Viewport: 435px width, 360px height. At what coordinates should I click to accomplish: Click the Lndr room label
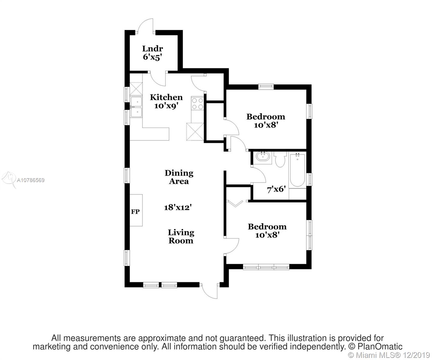(x=153, y=49)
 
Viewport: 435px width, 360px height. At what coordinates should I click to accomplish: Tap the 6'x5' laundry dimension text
(x=152, y=57)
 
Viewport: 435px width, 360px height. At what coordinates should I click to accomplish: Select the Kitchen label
(x=166, y=97)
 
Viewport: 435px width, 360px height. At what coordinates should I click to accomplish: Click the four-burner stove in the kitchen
(x=197, y=103)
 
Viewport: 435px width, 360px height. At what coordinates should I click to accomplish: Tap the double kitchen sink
(x=136, y=107)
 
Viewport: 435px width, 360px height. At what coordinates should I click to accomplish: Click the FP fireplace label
(x=135, y=212)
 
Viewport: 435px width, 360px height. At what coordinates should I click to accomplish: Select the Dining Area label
(x=179, y=177)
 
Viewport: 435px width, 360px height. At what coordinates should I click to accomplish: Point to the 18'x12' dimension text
(x=178, y=207)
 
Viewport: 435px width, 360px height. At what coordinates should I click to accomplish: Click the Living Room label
(x=181, y=236)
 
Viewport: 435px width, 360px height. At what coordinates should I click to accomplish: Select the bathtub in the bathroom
(x=297, y=170)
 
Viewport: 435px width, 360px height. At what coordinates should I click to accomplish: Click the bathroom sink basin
(x=263, y=156)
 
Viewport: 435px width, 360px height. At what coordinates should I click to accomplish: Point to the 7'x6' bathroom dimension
(x=276, y=189)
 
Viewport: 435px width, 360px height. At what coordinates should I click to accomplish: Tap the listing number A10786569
(x=31, y=180)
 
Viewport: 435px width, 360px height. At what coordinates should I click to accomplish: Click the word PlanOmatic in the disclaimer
(x=380, y=346)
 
